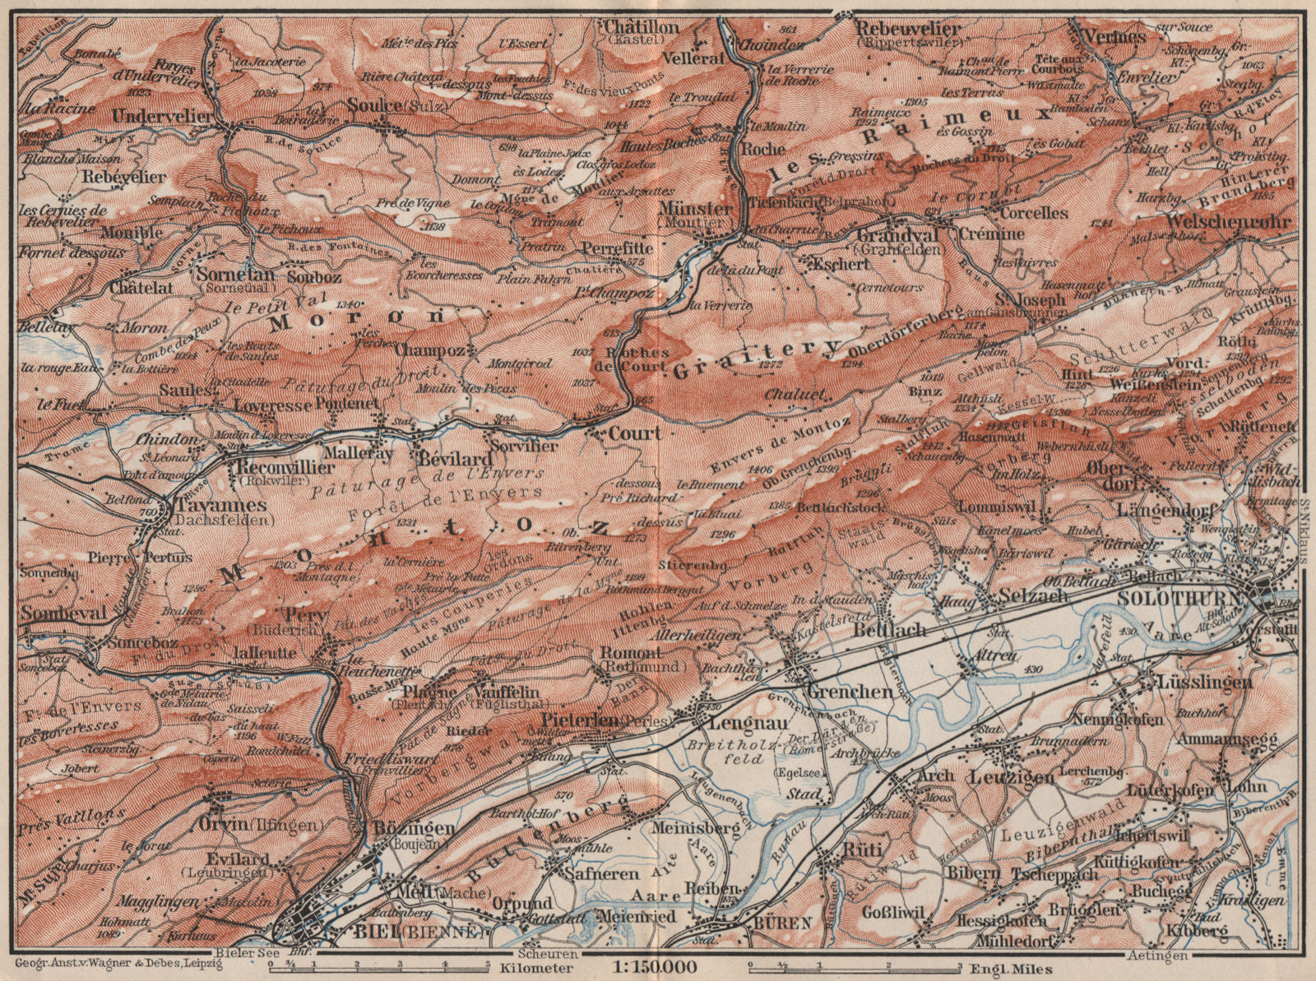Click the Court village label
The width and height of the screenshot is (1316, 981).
[x=635, y=432]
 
